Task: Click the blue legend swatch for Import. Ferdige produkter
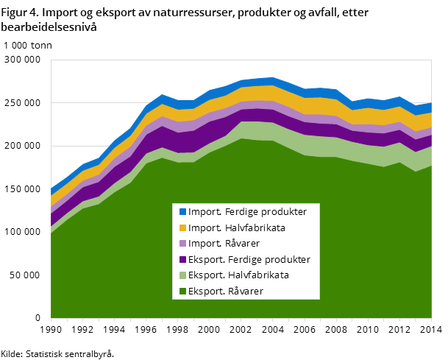(x=182, y=212)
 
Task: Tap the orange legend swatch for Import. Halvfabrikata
(x=182, y=228)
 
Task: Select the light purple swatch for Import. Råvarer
(x=182, y=244)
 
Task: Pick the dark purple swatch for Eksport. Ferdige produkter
(x=182, y=260)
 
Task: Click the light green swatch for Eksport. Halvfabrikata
(x=182, y=275)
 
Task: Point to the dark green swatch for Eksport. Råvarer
(x=182, y=292)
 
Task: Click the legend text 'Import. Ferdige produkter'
(x=247, y=212)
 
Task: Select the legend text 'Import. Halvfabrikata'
(x=236, y=228)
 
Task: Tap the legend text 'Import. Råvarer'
(x=224, y=244)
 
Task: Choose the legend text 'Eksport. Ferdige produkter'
(x=249, y=260)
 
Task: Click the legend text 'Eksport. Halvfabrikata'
(x=238, y=275)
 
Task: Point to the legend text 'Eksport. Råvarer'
(x=225, y=292)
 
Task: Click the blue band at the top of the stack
(x=257, y=82)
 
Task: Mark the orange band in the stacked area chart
(x=257, y=93)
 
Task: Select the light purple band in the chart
(x=257, y=105)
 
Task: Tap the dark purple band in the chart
(x=257, y=115)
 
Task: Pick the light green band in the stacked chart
(x=257, y=130)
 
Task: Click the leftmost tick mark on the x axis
(x=51, y=320)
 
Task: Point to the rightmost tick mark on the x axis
(x=431, y=320)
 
